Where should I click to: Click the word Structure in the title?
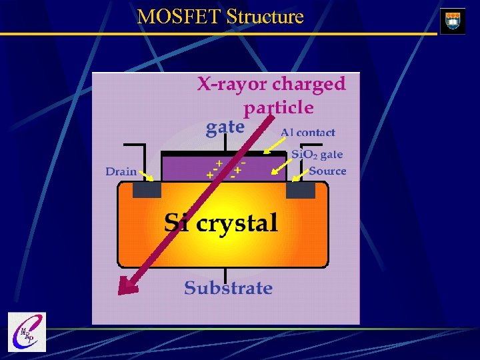pyautogui.click(x=265, y=17)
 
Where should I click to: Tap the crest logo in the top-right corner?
pyautogui.click(x=453, y=21)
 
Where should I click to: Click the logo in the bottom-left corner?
pyautogui.click(x=27, y=332)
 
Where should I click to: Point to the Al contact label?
pyautogui.click(x=308, y=133)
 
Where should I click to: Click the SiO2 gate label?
pyautogui.click(x=317, y=155)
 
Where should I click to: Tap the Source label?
pyautogui.click(x=327, y=171)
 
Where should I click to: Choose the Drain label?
pyautogui.click(x=121, y=171)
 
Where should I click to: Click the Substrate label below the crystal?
pyautogui.click(x=228, y=288)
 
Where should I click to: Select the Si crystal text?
pyautogui.click(x=221, y=223)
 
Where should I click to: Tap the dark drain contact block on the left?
pyautogui.click(x=147, y=190)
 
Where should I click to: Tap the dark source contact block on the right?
pyautogui.click(x=301, y=190)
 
